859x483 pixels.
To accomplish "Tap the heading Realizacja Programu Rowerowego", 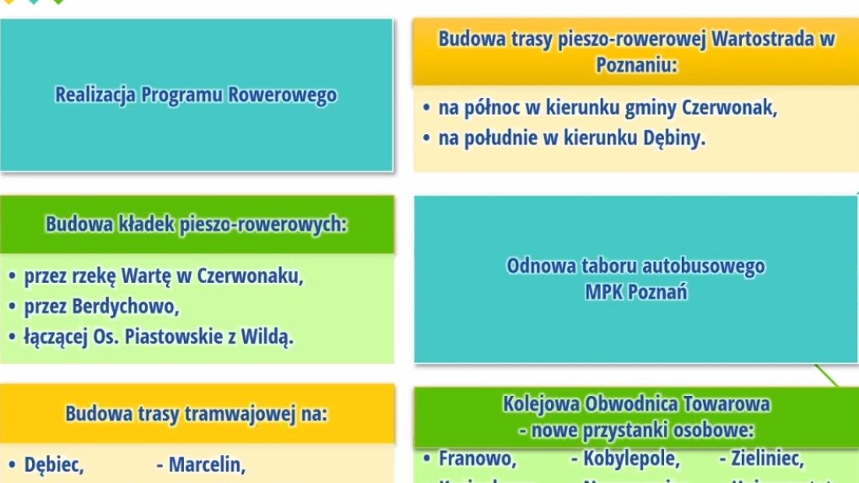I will coord(196,95).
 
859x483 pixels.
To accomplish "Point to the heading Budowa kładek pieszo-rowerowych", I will coord(197,225).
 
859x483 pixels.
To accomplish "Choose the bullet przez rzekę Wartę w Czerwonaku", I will coord(164,276).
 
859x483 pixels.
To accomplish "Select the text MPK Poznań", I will coord(635,292).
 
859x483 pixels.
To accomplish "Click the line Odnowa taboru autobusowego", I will coord(635,266).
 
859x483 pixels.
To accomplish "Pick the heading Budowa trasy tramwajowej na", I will coord(197,414).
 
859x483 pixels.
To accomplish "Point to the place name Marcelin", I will coord(207,464).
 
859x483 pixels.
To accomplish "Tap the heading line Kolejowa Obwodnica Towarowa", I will coord(636,404).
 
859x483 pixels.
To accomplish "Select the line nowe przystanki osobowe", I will coord(636,430).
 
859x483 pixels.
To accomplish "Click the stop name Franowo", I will coord(478,459).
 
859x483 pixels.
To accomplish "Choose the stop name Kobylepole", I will coord(630,459).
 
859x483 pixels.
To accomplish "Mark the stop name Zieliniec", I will coord(766,459).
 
